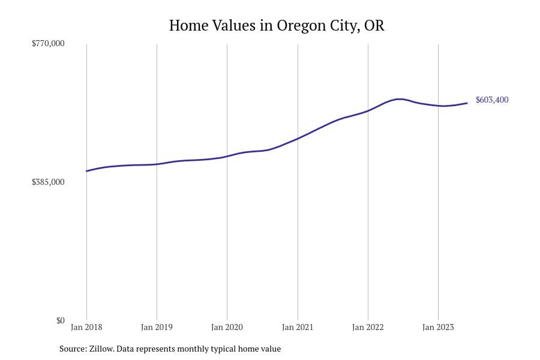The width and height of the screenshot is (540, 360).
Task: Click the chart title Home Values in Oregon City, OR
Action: coord(277,26)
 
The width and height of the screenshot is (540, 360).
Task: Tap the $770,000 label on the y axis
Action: coord(48,44)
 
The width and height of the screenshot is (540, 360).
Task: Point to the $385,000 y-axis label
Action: coord(48,182)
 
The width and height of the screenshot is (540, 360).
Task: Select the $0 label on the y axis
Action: coord(60,320)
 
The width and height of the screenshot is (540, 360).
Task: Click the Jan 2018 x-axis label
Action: coord(86,328)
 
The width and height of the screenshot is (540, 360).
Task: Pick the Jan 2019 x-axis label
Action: coord(157,328)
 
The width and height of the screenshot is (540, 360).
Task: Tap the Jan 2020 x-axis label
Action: coord(227,328)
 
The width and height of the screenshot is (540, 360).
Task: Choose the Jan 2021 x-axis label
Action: coord(298,328)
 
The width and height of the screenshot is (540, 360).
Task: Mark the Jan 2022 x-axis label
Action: coord(368,328)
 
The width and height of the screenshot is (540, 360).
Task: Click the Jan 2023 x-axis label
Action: coord(438,328)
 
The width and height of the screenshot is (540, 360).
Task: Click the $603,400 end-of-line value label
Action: coord(491,100)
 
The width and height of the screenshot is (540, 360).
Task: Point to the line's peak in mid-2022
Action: coord(398,99)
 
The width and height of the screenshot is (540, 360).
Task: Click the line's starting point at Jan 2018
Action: coord(87,171)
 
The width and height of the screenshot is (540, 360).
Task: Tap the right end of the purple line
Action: coord(467,103)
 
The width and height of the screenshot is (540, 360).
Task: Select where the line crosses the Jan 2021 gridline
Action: coord(298,139)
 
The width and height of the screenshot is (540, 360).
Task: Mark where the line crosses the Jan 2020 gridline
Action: coord(227,156)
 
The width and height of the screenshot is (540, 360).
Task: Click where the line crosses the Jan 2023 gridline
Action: coord(438,106)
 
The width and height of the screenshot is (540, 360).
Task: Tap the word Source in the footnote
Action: coord(72,349)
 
